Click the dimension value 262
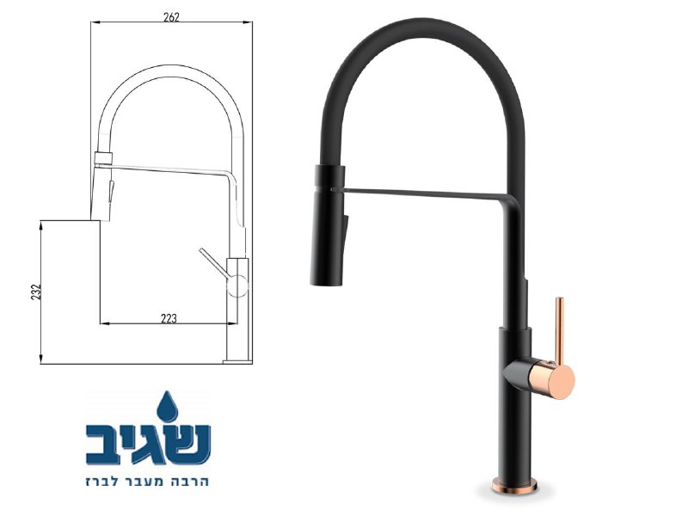(170, 18)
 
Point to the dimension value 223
(169, 318)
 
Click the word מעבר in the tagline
(150, 480)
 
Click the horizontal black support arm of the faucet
(421, 190)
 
